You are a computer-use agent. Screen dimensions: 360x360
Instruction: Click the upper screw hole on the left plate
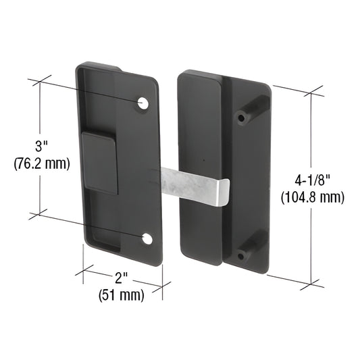[x=143, y=103]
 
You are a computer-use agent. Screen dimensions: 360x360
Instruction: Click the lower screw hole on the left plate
[x=147, y=238]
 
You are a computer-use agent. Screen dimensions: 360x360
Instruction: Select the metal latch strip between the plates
[x=192, y=183]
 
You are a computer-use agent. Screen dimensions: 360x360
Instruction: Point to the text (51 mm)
[x=122, y=294]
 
